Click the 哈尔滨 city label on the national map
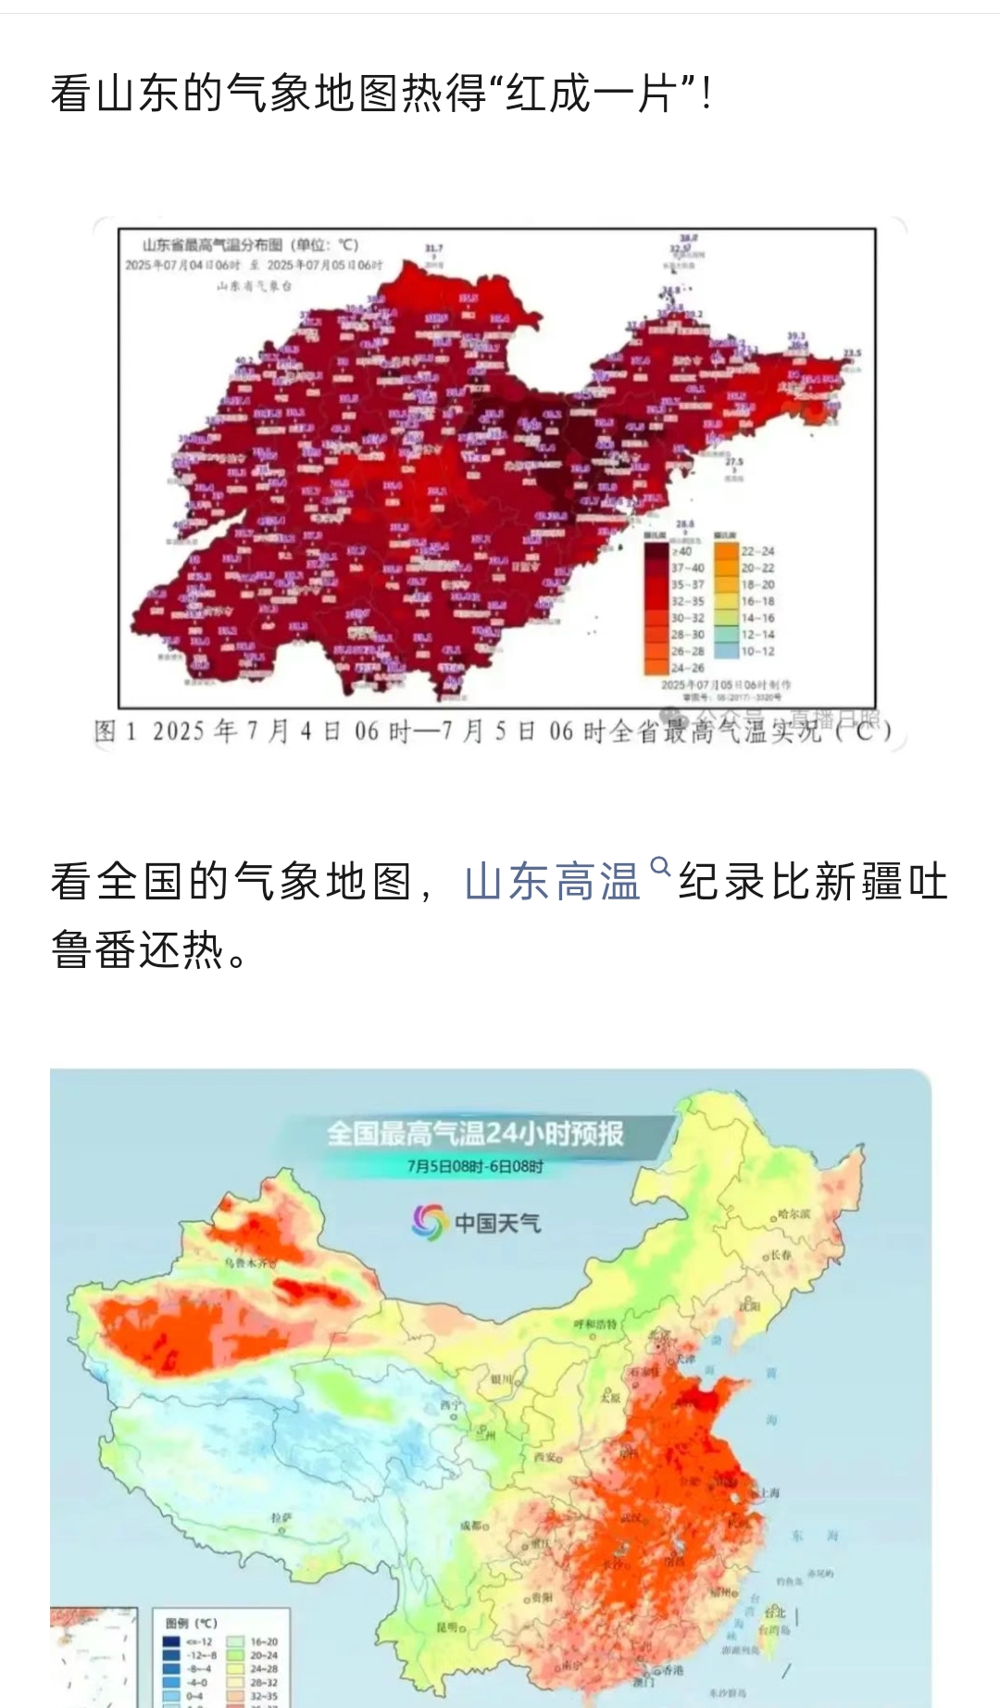[x=794, y=1213]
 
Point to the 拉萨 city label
[x=281, y=1518]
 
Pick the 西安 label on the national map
[x=547, y=1457]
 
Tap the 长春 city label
[x=781, y=1255]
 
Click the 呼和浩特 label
[x=595, y=1325]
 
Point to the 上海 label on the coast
[x=769, y=1493]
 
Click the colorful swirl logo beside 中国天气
[x=429, y=1222]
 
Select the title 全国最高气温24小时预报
[x=475, y=1134]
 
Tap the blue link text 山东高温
[x=553, y=882]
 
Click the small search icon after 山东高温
[x=660, y=867]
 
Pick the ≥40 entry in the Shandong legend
[x=682, y=551]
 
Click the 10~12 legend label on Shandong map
[x=757, y=651]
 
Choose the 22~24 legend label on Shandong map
[x=757, y=551]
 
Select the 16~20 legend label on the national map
[x=263, y=1641]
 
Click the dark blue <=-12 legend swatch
[x=171, y=1641]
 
